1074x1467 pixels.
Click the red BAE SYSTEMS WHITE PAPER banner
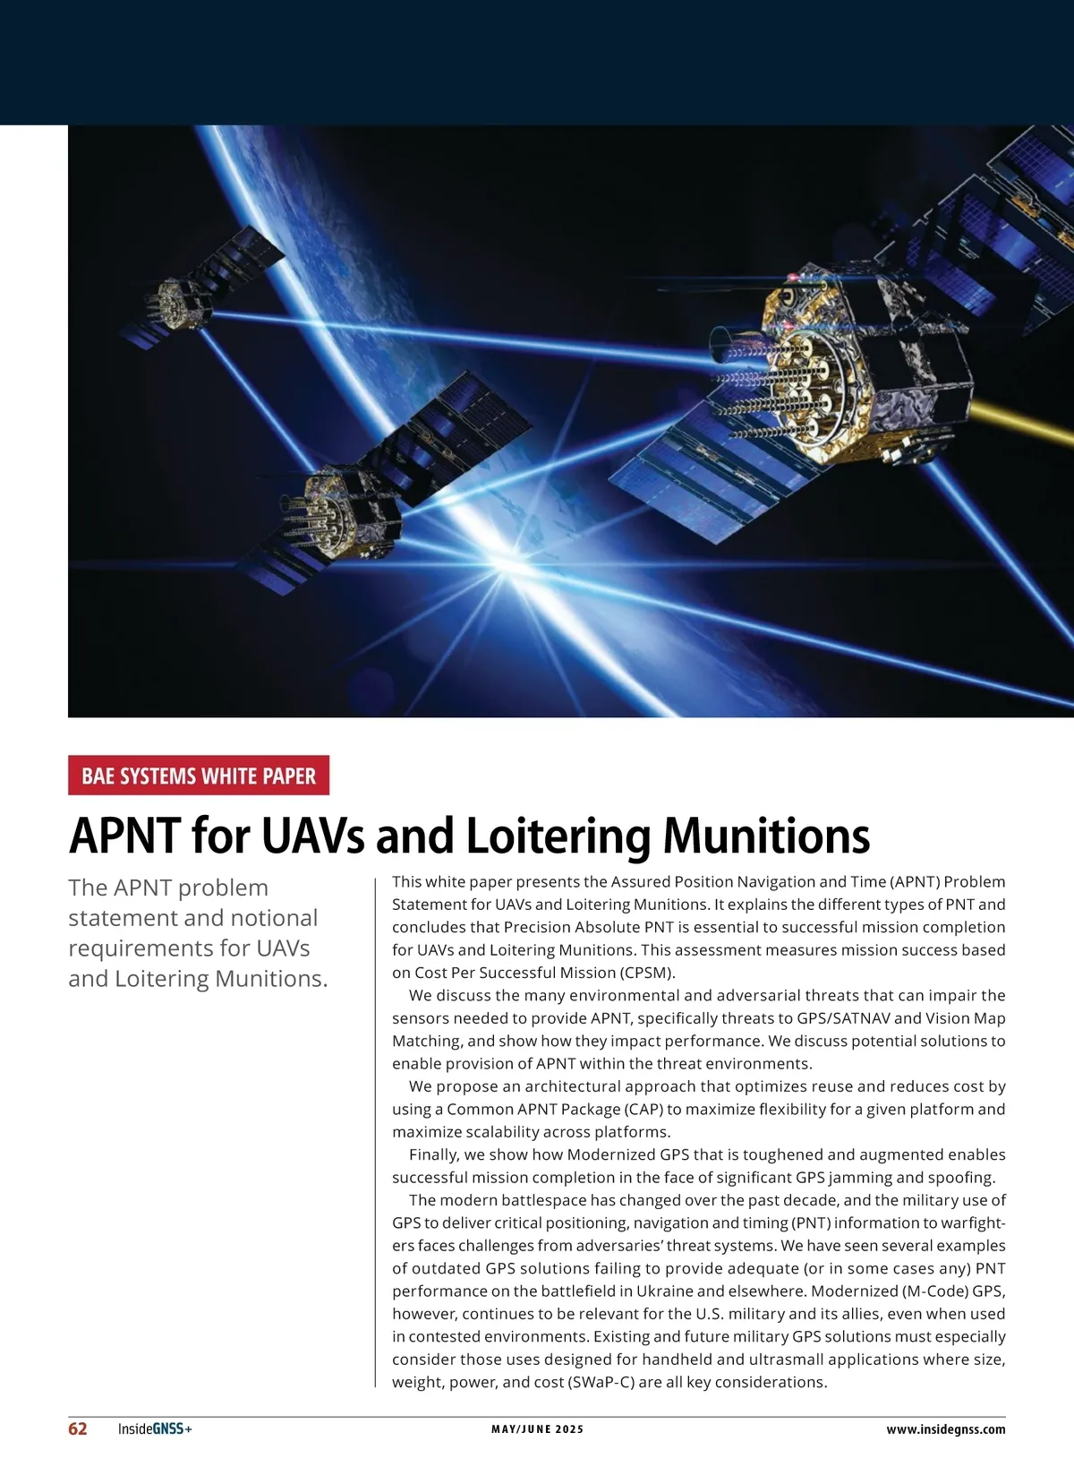(x=199, y=776)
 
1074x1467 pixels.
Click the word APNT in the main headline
(x=125, y=836)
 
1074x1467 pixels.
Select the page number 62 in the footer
(x=78, y=1428)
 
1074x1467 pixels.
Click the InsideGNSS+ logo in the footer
(x=155, y=1428)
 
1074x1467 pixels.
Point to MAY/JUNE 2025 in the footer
(x=537, y=1429)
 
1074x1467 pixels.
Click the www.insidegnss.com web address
(x=946, y=1429)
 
